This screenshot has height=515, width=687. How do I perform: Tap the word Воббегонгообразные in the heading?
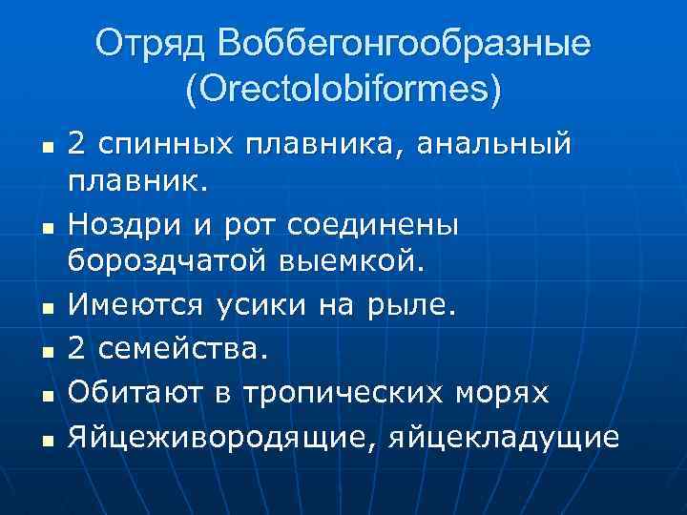pos(405,44)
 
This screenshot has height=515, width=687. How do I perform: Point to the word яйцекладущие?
pos(504,438)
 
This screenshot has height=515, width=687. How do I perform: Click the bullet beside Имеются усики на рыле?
pos(45,307)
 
